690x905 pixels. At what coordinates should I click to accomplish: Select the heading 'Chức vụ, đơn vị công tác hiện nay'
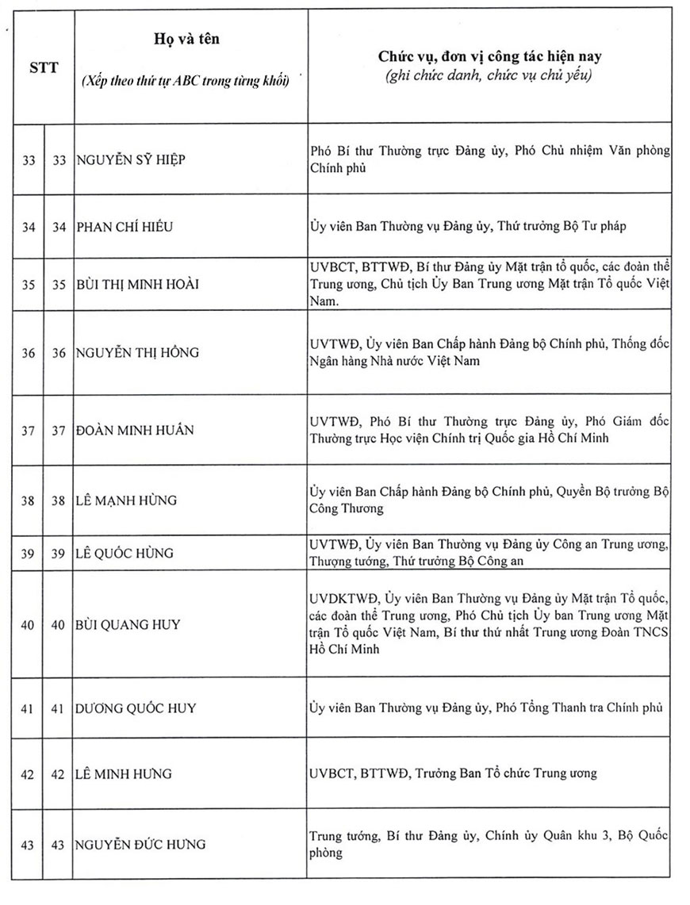click(x=489, y=57)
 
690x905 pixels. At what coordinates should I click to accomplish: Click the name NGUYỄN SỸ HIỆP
click(x=132, y=159)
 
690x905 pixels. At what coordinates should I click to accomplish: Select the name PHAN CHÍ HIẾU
click(x=125, y=227)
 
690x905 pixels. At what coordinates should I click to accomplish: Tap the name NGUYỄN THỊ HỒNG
click(x=137, y=353)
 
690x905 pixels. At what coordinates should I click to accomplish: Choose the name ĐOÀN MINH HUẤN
click(x=135, y=430)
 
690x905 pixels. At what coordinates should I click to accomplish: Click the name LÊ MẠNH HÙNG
click(x=127, y=500)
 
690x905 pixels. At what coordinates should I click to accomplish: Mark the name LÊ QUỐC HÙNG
click(x=124, y=552)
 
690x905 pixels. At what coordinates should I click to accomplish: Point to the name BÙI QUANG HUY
click(x=128, y=624)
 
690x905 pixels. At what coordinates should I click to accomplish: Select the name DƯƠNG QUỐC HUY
click(x=136, y=708)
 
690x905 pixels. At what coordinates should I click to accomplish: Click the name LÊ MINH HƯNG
click(x=123, y=773)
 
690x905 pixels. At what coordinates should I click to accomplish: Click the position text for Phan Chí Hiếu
click(x=468, y=227)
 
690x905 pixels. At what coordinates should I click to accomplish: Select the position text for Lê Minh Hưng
click(x=453, y=773)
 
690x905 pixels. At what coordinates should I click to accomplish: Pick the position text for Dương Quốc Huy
click(x=485, y=708)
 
